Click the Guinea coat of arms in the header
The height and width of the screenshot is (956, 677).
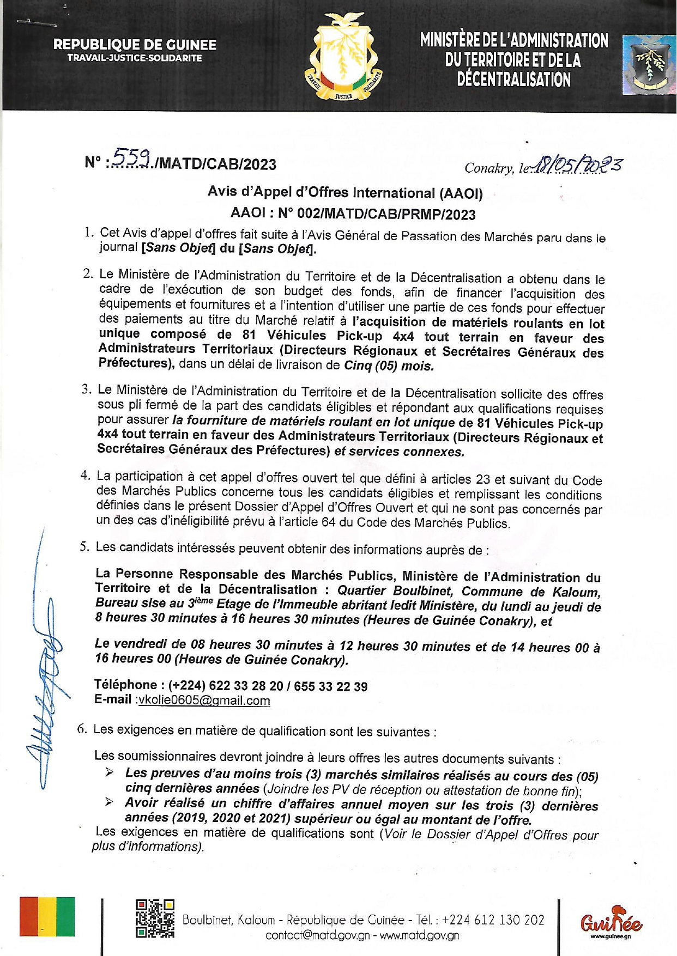coord(343,58)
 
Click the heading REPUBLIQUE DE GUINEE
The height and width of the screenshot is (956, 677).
coord(135,45)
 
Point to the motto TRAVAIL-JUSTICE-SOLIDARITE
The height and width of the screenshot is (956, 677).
coord(135,58)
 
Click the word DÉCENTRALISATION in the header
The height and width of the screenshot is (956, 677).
coord(513,80)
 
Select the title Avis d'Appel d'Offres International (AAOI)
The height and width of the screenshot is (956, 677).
coord(345,192)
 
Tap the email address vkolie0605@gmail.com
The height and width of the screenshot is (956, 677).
coord(204,701)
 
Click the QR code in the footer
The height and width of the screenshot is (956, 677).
coord(155,918)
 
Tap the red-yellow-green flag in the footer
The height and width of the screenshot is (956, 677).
coord(47,916)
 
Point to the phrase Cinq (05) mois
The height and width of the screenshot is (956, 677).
coord(389,366)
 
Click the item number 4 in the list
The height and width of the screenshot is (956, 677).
coord(85,475)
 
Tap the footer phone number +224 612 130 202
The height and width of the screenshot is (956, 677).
coord(493,920)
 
